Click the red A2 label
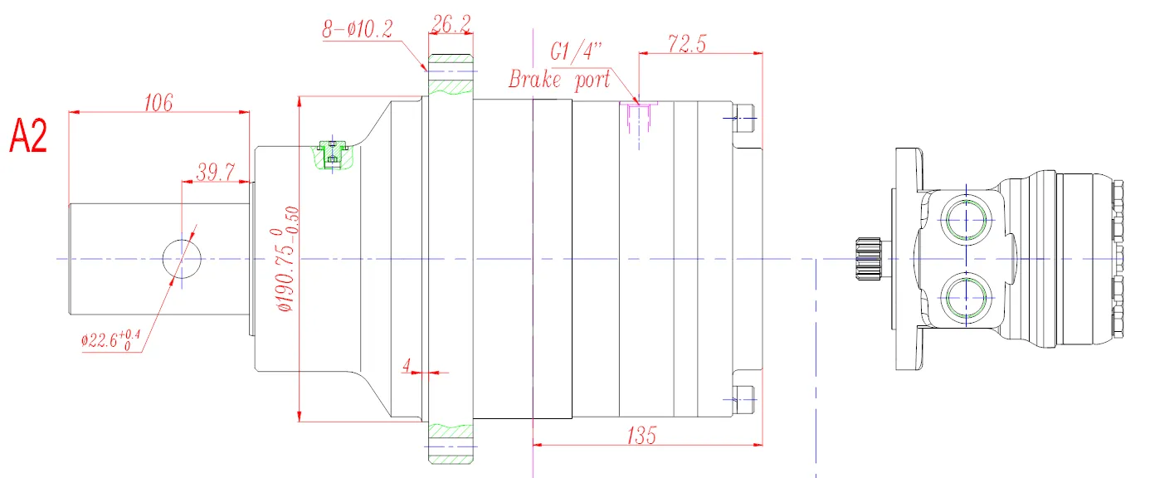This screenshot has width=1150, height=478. tap(28, 136)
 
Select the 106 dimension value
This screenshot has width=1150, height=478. tap(158, 102)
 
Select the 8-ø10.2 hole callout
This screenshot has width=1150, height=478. tap(358, 31)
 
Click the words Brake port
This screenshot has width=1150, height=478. tap(559, 80)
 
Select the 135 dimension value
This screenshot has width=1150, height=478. tap(641, 434)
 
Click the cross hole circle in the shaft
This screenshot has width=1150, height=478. tap(181, 259)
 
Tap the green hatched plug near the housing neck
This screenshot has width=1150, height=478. tap(333, 154)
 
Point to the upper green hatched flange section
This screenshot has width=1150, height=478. tap(451, 76)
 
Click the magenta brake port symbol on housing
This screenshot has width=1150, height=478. tap(638, 116)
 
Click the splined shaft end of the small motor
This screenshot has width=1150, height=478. tap(868, 259)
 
